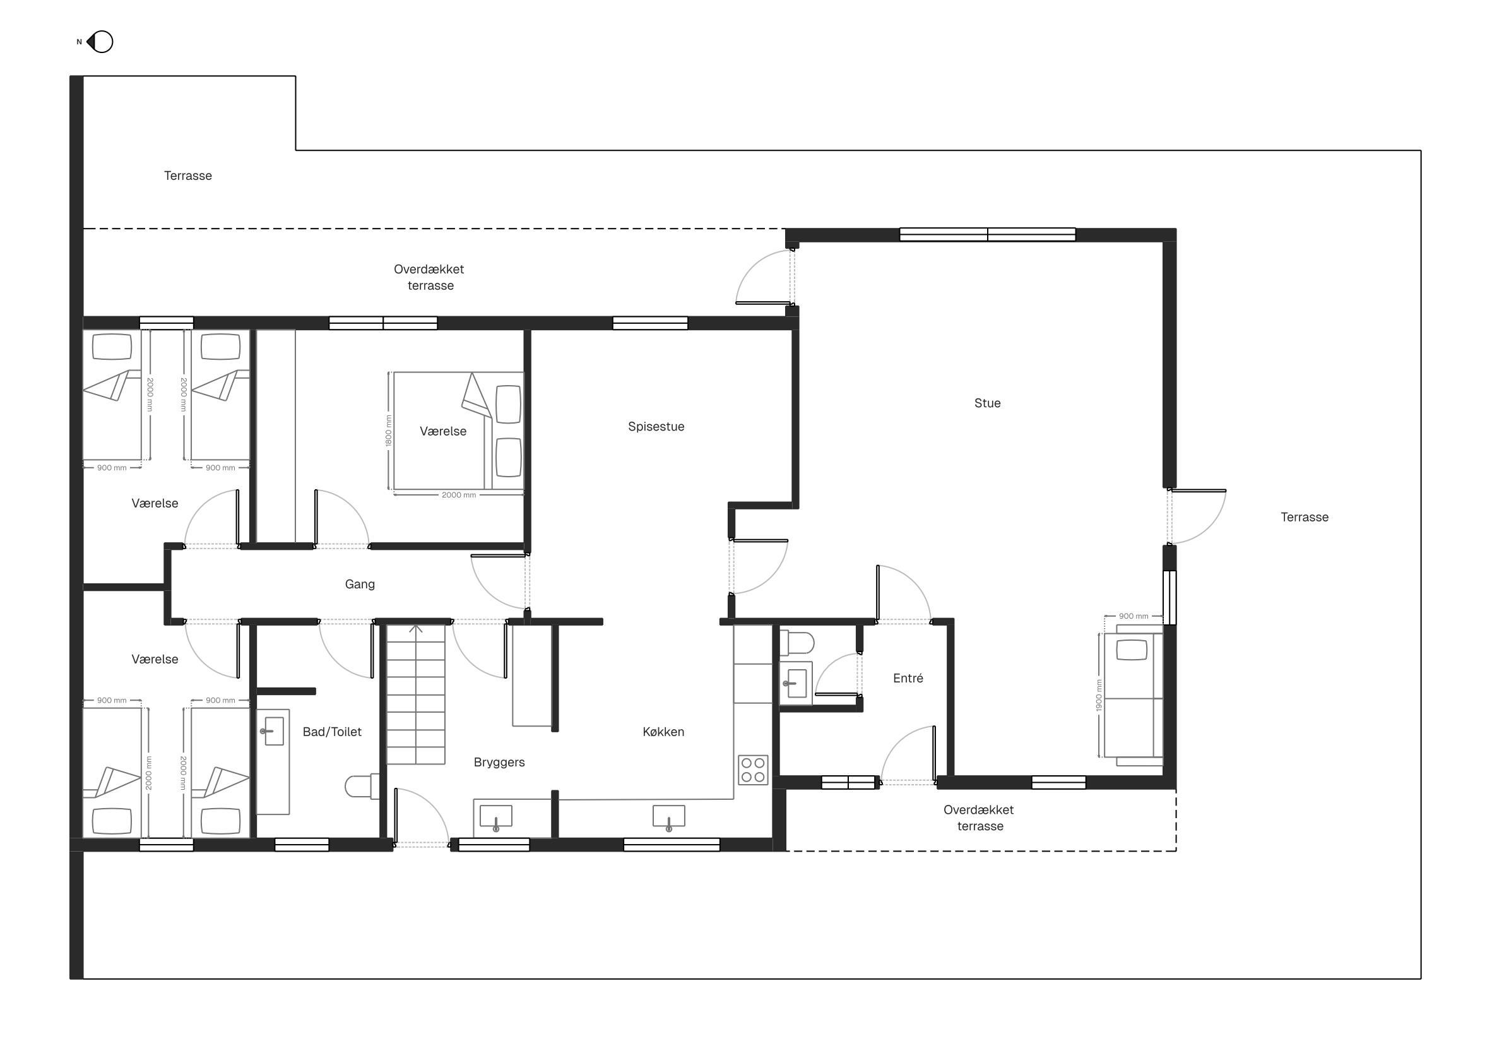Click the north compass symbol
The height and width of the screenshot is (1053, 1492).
tap(100, 42)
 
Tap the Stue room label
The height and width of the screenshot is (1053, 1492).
tap(987, 403)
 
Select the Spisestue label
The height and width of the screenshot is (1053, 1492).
tap(656, 426)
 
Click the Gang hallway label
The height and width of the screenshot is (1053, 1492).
tap(359, 584)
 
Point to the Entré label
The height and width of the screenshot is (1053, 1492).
tap(908, 678)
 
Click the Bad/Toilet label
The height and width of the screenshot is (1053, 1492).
tap(332, 731)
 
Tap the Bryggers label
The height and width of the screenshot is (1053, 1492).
tap(499, 762)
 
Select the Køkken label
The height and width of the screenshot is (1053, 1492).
tap(663, 731)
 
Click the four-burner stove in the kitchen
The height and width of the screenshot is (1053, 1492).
tap(753, 770)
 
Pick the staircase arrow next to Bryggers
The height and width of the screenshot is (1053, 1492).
tap(416, 629)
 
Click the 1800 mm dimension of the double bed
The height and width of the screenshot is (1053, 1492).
tap(389, 431)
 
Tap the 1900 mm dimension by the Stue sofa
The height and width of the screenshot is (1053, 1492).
tap(1099, 695)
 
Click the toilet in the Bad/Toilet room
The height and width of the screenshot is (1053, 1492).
tap(362, 786)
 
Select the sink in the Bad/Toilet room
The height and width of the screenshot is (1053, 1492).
tap(273, 731)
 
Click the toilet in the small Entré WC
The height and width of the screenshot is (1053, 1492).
tap(796, 643)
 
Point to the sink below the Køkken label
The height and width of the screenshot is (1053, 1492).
tap(668, 817)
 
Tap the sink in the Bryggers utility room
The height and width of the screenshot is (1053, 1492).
tap(496, 818)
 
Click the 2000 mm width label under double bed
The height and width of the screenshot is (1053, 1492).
tap(459, 495)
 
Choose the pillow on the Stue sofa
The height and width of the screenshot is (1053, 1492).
tap(1132, 650)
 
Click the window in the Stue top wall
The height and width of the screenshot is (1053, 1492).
tap(987, 235)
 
